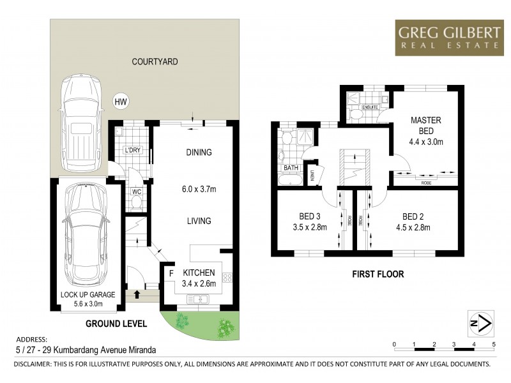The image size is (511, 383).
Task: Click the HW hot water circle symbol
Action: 119,101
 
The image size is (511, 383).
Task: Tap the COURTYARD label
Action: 155,62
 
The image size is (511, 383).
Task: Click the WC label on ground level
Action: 136,191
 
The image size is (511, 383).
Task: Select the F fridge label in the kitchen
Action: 171,273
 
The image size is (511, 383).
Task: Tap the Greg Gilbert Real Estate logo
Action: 448,37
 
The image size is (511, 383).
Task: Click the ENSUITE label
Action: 370,108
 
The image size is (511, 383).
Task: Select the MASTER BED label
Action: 426,124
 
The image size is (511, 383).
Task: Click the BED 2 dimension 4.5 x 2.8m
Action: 413,227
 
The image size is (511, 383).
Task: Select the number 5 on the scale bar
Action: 493,344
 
